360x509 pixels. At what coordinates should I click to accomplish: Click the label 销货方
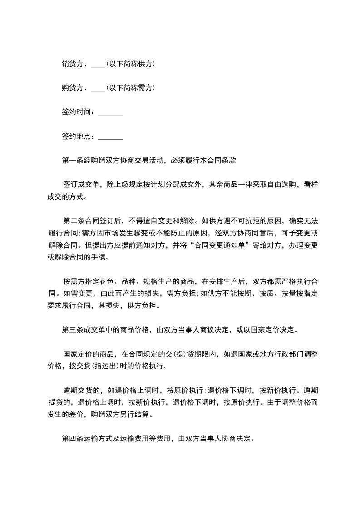point(72,64)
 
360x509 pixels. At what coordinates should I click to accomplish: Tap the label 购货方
point(72,88)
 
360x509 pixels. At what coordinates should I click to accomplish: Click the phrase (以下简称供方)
point(131,64)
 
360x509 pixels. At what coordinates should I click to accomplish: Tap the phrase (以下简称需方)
point(131,88)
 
